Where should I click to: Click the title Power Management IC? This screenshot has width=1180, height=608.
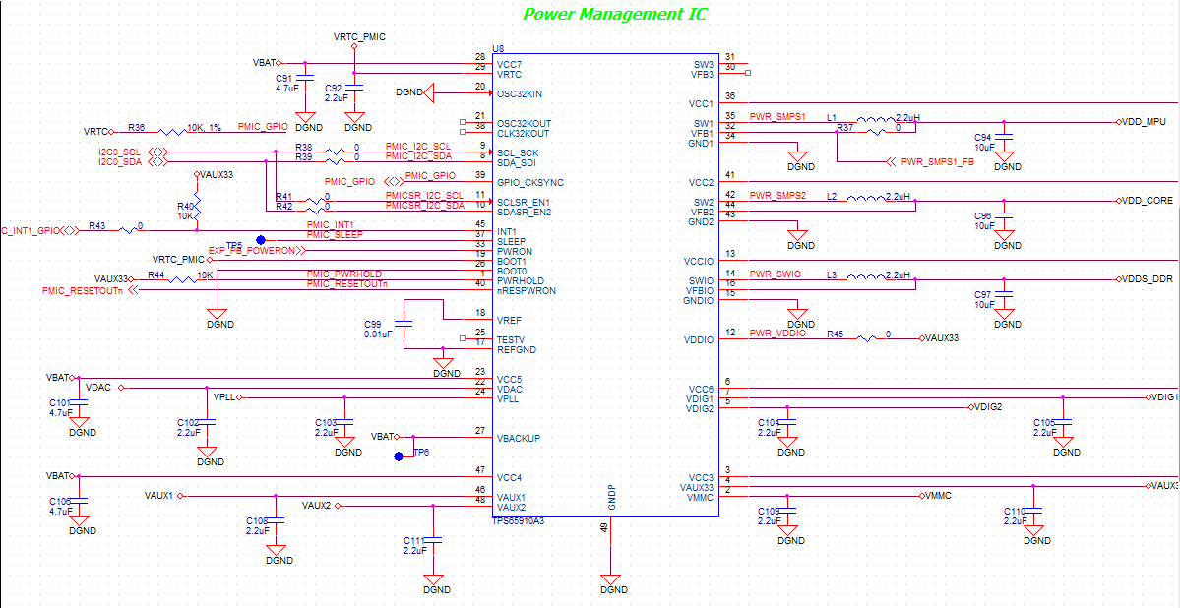614,15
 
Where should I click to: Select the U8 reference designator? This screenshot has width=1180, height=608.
498,48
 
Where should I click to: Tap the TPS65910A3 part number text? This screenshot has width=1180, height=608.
518,521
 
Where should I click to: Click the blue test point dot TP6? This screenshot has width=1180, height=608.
399,456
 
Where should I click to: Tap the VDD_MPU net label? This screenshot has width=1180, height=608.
1143,122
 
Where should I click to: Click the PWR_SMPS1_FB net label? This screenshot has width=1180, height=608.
937,161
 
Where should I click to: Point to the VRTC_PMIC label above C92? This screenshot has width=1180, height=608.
359,36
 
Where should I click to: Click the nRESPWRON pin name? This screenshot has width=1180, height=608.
526,291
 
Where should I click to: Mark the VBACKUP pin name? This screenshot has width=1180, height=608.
519,438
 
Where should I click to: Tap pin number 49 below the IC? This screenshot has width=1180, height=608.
602,529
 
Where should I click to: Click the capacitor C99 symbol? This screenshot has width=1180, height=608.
404,323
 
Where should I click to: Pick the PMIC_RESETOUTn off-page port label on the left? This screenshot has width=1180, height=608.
83,291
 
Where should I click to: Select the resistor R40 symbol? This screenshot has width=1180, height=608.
197,207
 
